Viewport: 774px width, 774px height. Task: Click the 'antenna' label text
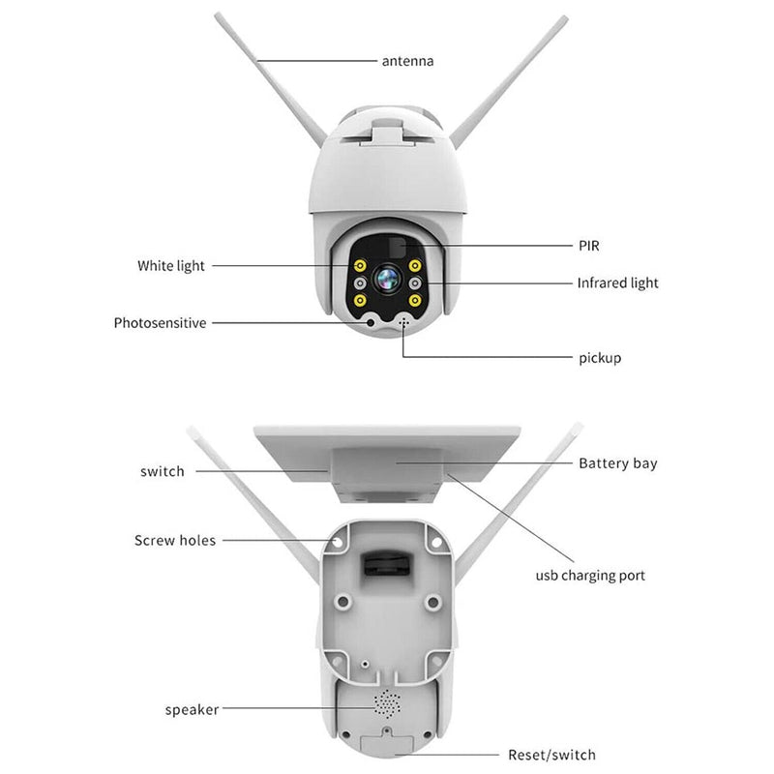click(x=406, y=61)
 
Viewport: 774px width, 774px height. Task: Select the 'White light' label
click(x=171, y=265)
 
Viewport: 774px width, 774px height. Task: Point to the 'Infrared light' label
click(x=617, y=283)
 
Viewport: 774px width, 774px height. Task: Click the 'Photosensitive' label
click(x=160, y=323)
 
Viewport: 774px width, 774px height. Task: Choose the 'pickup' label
click(x=600, y=358)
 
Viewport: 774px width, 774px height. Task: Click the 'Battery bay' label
click(x=617, y=463)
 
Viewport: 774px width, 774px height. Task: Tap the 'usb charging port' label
click(x=590, y=576)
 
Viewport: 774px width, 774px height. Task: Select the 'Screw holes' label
click(x=175, y=540)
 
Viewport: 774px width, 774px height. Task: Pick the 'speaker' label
click(x=192, y=710)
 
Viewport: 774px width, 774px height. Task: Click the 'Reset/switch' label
click(x=551, y=755)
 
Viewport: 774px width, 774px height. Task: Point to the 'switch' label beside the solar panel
click(x=162, y=471)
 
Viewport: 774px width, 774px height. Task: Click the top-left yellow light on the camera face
click(x=359, y=265)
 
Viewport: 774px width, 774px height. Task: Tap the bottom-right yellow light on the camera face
click(x=414, y=301)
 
